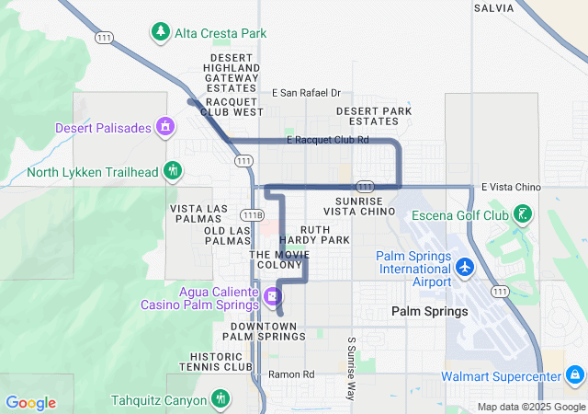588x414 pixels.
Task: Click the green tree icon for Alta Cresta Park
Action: coord(161,32)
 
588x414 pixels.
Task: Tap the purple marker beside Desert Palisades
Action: coord(165,127)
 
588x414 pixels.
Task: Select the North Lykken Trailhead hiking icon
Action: coord(172,171)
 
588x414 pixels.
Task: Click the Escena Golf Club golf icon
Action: coord(523,215)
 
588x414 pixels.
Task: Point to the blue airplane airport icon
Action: coord(465,267)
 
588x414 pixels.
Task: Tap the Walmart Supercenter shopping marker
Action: coord(574,375)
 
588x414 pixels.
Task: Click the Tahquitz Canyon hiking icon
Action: coord(220,399)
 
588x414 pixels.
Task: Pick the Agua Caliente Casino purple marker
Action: coord(272,296)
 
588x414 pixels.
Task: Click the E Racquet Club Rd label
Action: coord(327,140)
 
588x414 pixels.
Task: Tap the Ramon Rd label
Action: coord(291,374)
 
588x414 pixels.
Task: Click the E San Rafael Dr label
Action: coord(307,93)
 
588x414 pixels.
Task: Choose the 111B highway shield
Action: coord(258,215)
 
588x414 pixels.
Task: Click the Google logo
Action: coord(30,403)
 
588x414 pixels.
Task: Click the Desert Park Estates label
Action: coord(373,116)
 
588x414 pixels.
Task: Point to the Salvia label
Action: coord(494,7)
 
